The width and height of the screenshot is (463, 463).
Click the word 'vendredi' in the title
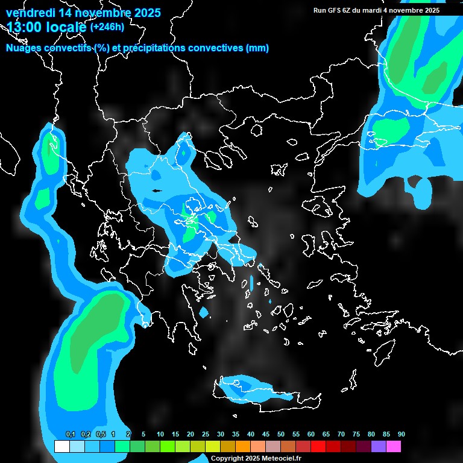30,13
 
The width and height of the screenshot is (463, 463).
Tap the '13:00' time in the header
25,27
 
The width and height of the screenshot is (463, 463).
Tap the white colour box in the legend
61,447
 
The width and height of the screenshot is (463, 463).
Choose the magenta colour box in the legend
394,447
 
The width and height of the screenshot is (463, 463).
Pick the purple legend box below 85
379,447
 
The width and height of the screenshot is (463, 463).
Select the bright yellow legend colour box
212,447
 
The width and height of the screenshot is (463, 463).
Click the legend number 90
401,435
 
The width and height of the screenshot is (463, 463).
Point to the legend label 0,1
71,435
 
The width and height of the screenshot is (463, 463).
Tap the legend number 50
281,435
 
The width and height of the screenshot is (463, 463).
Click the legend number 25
206,435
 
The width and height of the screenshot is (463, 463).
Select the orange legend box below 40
242,447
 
